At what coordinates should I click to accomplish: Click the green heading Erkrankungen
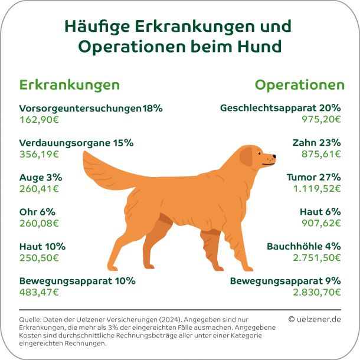[x=70, y=85]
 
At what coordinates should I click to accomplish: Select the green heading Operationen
[x=299, y=85]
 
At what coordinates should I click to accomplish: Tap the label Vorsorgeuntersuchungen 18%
[x=90, y=109]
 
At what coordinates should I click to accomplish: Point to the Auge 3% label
[x=41, y=177]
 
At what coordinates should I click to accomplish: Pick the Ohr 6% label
[x=37, y=211]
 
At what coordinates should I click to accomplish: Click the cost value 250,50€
[x=39, y=257]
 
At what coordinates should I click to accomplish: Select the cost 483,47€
[x=39, y=292]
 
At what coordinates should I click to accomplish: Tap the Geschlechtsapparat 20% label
[x=280, y=109]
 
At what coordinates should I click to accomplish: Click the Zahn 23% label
[x=316, y=143]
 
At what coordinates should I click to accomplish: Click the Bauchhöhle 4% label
[x=303, y=246]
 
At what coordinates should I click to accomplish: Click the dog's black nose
[x=274, y=157]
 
